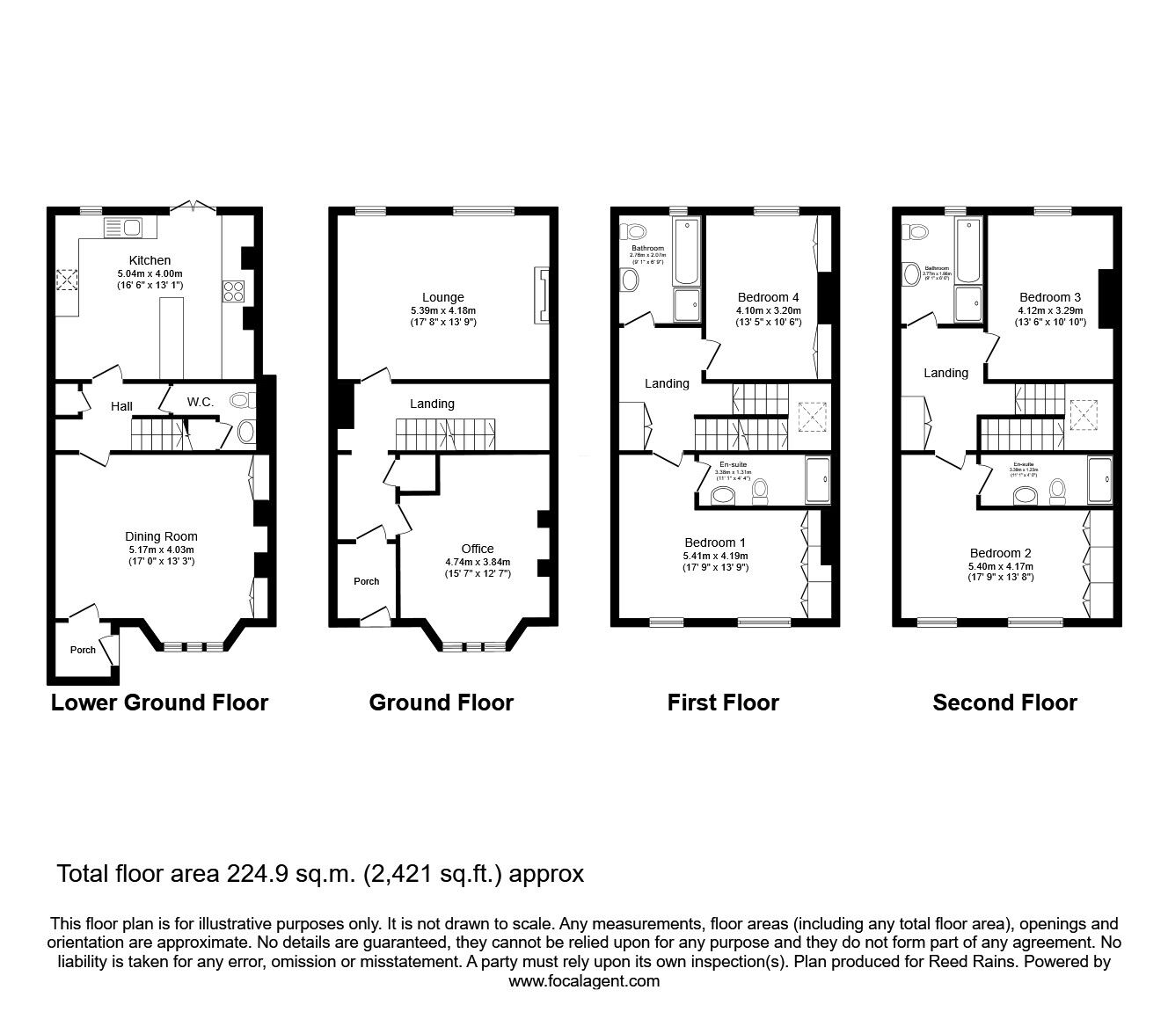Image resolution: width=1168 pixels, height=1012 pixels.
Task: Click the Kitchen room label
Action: (150, 260)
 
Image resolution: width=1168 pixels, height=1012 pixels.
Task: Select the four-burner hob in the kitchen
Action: (233, 290)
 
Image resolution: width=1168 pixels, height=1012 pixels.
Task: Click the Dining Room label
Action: (161, 536)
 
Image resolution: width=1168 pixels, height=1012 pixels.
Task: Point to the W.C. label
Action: (200, 402)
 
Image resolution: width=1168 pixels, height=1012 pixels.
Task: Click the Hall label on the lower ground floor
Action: (121, 406)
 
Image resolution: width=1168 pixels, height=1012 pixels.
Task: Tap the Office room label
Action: (478, 549)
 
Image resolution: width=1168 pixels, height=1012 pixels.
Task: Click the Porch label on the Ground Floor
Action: (367, 581)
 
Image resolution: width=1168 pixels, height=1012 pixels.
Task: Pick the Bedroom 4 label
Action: (768, 297)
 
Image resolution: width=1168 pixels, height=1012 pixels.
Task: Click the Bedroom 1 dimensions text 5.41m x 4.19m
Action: (715, 556)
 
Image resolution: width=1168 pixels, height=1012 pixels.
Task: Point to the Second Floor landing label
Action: (945, 373)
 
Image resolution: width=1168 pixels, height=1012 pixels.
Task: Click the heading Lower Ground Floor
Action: (159, 703)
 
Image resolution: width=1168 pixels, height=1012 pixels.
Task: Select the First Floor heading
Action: (723, 703)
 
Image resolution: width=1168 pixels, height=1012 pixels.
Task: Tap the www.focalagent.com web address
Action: (584, 981)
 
